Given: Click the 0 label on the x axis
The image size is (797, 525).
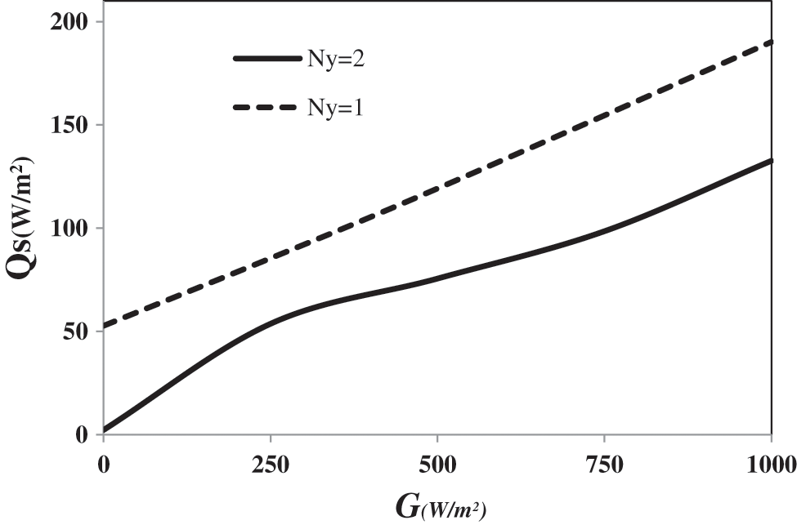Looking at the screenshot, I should point(104,466).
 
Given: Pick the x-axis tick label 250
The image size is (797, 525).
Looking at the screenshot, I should point(271,466).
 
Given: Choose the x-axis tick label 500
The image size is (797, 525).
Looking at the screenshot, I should point(437,466).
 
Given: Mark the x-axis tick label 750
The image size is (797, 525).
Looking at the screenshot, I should point(604,466).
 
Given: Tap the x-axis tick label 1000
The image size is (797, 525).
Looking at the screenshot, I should point(771,466).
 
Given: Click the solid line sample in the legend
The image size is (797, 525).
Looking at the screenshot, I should point(266,59).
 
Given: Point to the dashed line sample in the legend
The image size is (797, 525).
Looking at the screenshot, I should point(266,107).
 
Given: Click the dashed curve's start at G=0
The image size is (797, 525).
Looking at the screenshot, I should point(105,327).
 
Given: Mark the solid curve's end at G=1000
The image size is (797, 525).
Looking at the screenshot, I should point(771,161).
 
